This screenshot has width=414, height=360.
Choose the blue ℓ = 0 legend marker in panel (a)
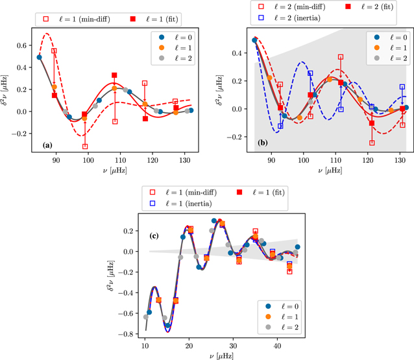pos(163,36)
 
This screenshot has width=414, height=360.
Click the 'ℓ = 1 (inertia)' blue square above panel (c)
pos(152,204)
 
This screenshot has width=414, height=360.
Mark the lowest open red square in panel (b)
pos(372,143)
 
